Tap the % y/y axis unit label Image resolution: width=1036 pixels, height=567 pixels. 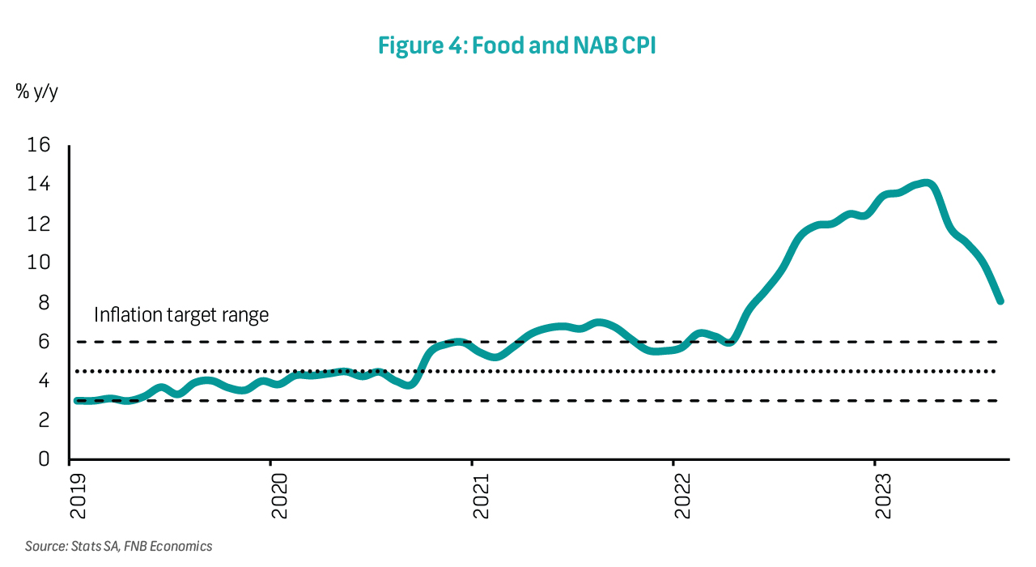pyautogui.click(x=36, y=92)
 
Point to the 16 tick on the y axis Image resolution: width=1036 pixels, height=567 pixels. pyautogui.click(x=39, y=145)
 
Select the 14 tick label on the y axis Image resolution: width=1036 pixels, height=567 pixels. pyautogui.click(x=39, y=185)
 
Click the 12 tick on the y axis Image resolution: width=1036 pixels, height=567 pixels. pyautogui.click(x=39, y=224)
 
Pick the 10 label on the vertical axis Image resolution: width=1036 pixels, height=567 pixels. pyautogui.click(x=39, y=263)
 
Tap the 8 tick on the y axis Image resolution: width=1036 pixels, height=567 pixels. pyautogui.click(x=44, y=302)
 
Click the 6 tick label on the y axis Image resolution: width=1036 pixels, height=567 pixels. pyautogui.click(x=44, y=342)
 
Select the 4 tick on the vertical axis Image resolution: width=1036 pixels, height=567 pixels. pyautogui.click(x=44, y=381)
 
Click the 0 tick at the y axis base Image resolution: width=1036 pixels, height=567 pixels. pyautogui.click(x=44, y=459)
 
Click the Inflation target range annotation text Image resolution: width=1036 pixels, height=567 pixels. pyautogui.click(x=181, y=315)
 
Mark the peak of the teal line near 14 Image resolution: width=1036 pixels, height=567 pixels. pyautogui.click(x=925, y=183)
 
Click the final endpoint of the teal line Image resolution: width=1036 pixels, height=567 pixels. pyautogui.click(x=1000, y=301)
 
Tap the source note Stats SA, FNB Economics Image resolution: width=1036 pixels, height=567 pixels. pyautogui.click(x=118, y=547)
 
